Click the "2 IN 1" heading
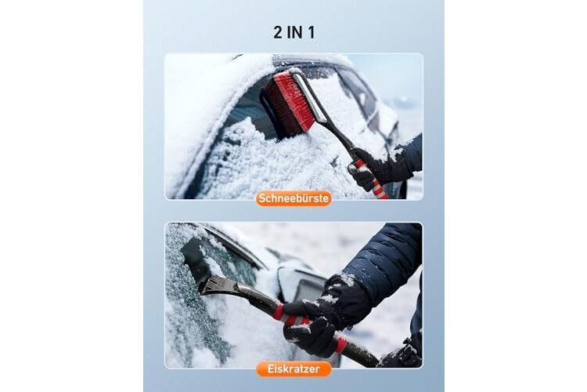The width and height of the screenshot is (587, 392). (x=293, y=32)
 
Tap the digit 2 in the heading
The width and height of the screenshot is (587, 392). (x=277, y=32)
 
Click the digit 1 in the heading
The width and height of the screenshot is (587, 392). (x=311, y=32)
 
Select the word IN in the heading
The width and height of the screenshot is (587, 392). (x=294, y=32)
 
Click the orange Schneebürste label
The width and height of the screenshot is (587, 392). (x=293, y=198)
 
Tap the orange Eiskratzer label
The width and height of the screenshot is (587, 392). (x=293, y=368)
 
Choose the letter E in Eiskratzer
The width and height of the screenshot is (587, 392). (x=270, y=368)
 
